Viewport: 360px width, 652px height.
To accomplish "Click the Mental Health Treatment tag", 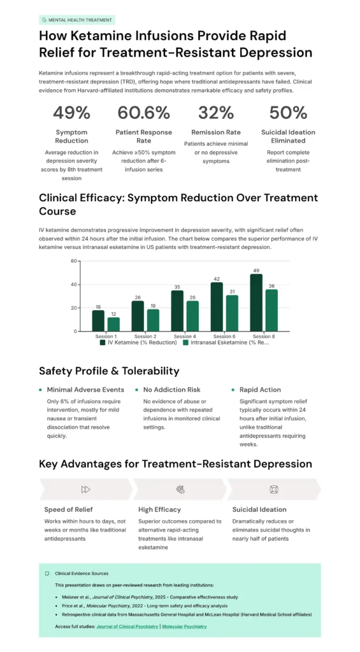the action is coord(76,20).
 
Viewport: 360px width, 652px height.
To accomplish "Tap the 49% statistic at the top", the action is coord(71,113).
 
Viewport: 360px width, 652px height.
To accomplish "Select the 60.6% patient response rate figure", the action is coord(144,113).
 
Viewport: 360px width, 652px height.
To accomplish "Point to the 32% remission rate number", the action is coord(216,113).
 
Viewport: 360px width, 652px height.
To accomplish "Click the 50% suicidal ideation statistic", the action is coord(288,113).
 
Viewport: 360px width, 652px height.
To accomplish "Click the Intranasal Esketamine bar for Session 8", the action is coord(271,310).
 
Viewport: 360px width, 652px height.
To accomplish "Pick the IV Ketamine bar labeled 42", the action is coord(217,306).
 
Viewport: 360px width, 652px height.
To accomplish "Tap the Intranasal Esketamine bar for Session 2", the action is coord(153,320).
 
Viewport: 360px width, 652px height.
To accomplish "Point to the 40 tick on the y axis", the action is coord(73,284).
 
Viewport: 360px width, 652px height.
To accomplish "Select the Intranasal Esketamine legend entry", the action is coord(224,343).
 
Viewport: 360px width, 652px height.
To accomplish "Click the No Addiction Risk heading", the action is coord(171,390).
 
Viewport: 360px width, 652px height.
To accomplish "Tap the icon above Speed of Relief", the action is coord(85,489).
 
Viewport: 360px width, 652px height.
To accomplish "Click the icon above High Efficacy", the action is coord(180,489).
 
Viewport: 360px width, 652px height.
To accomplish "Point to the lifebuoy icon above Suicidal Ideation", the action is coord(275,489).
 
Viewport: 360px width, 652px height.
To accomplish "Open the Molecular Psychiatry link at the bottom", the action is coord(184,627).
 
